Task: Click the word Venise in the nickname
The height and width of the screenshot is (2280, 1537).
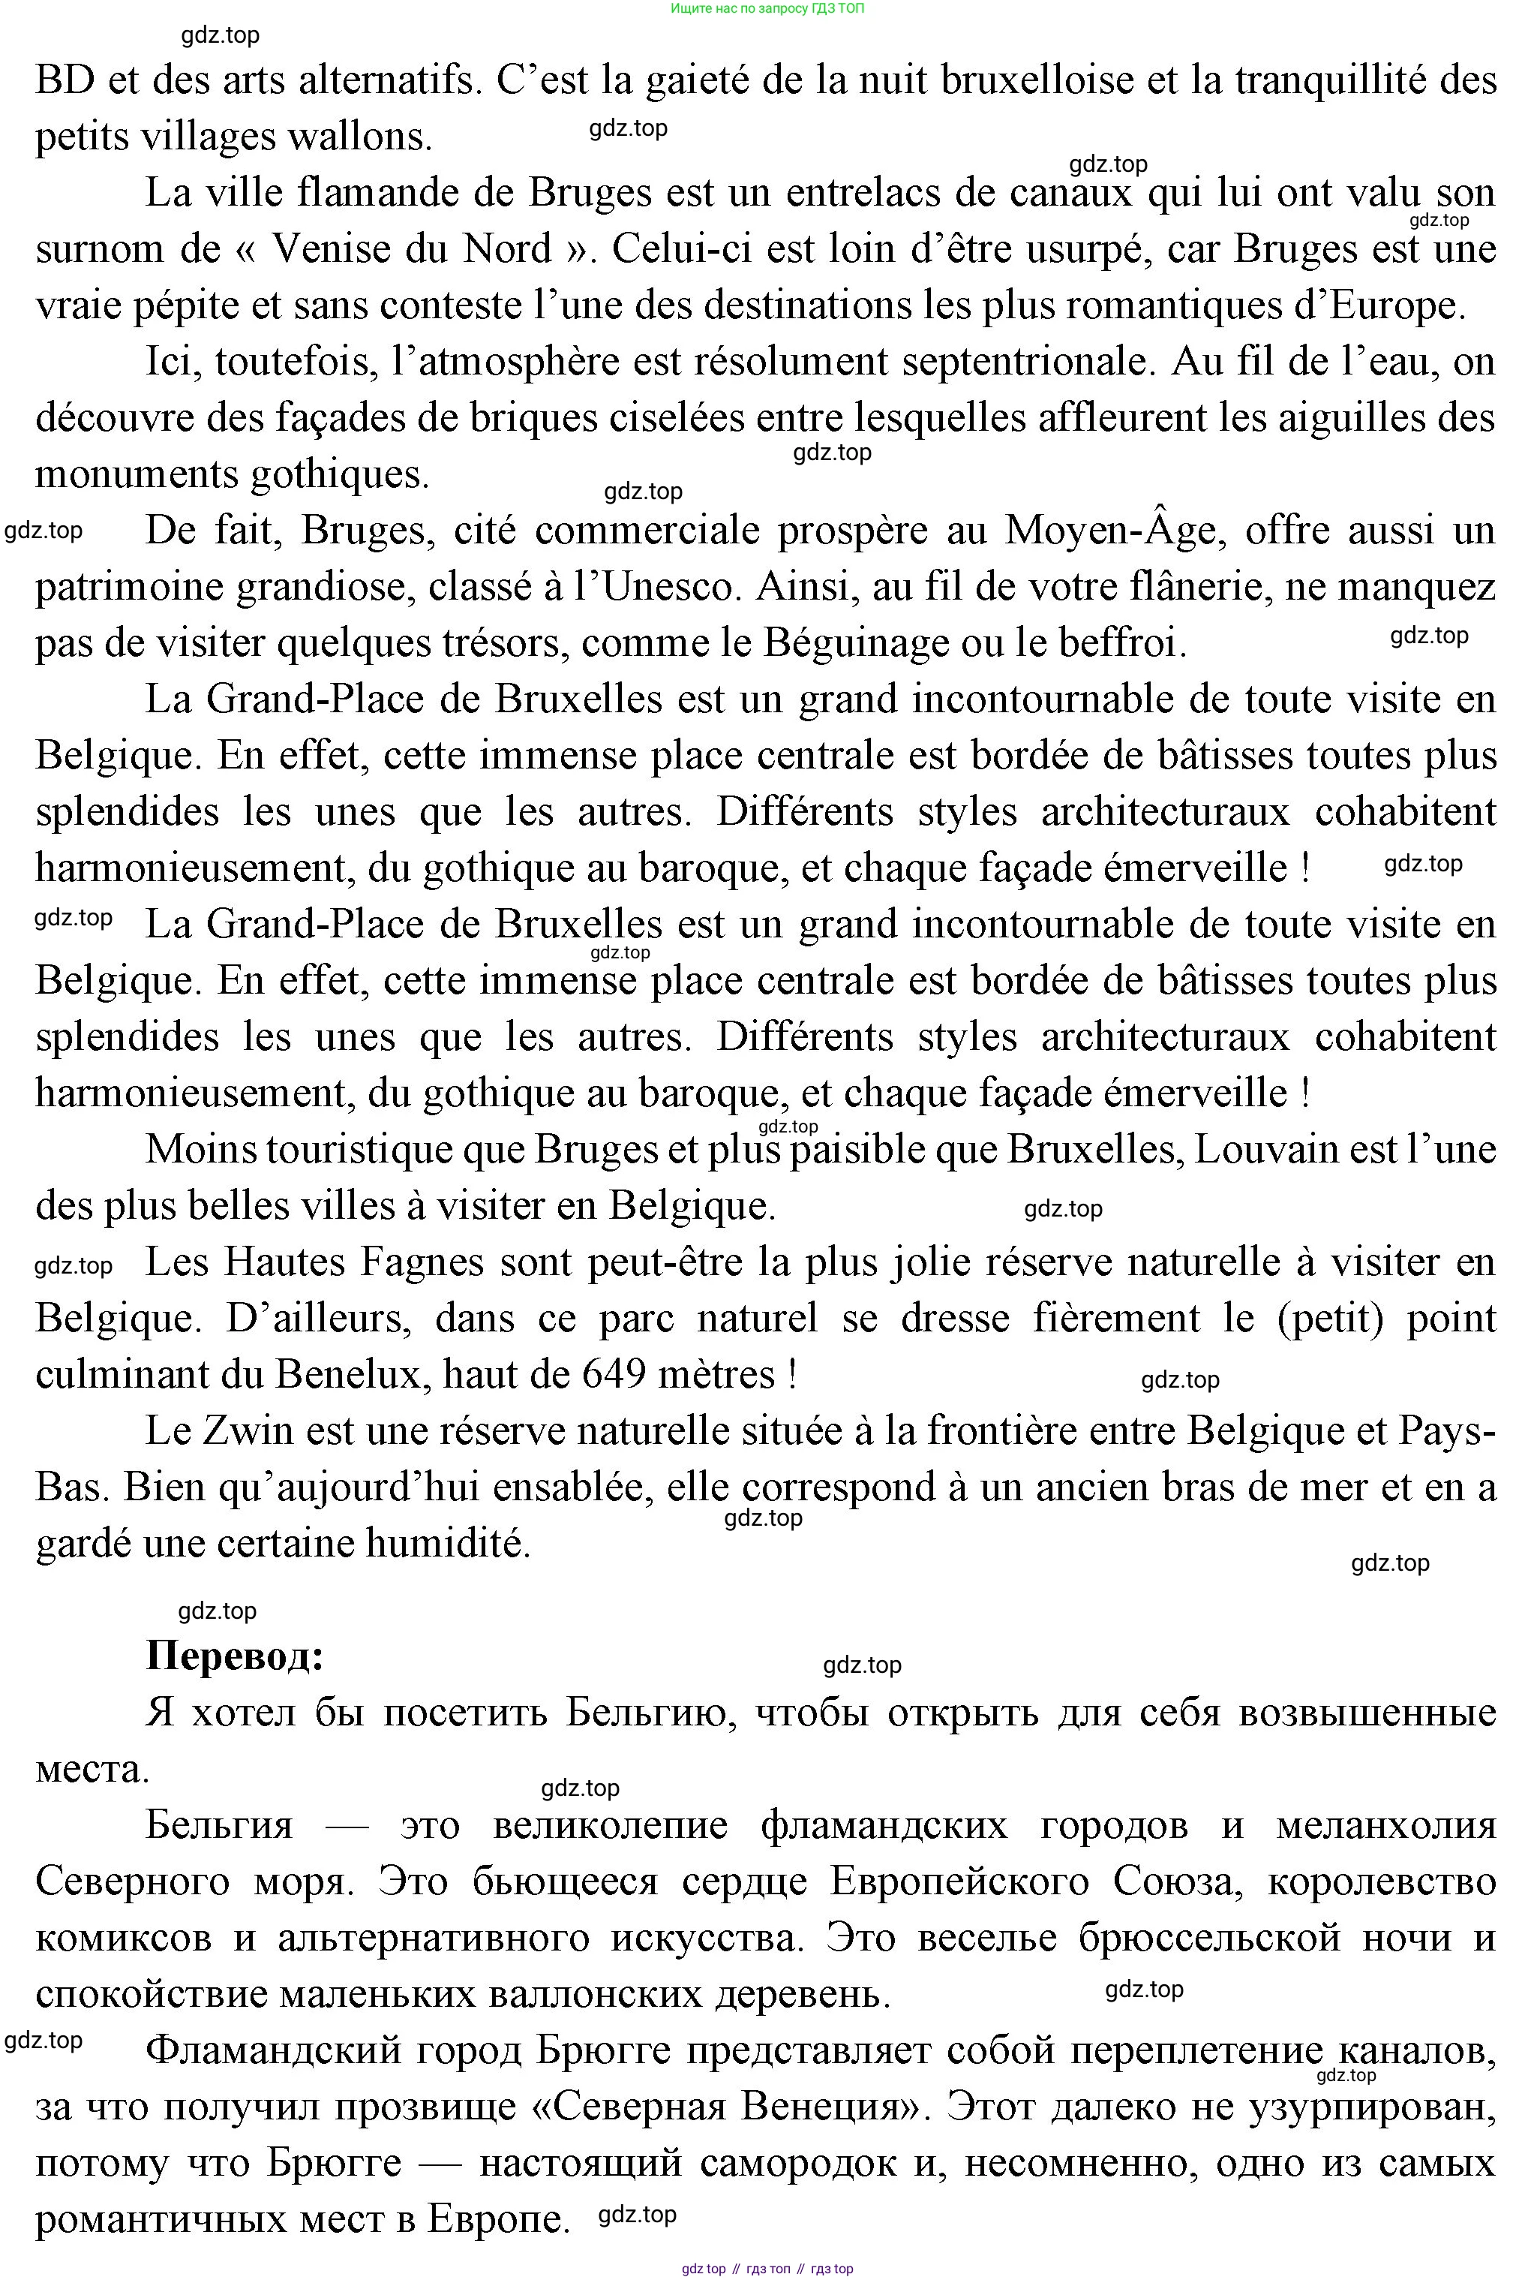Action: (x=329, y=249)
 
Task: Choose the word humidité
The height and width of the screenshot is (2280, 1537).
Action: (x=448, y=1544)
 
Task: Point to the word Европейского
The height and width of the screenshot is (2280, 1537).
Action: (x=959, y=1881)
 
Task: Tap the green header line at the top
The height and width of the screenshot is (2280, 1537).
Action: (x=767, y=9)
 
